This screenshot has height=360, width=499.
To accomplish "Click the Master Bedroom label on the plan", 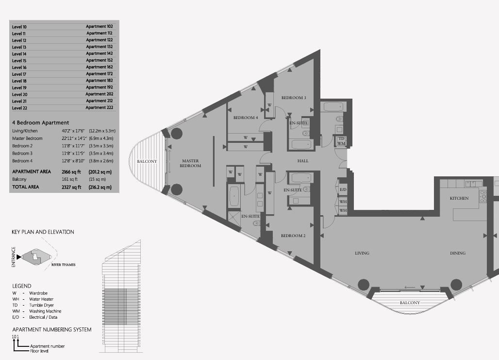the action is pyautogui.click(x=190, y=163).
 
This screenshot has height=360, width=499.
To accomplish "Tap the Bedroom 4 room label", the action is pyautogui.click(x=246, y=118).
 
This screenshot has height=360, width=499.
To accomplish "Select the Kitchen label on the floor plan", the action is pyautogui.click(x=459, y=198).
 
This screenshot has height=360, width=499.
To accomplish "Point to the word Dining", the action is pyautogui.click(x=458, y=253).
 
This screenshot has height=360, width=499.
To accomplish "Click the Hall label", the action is pyautogui.click(x=302, y=161).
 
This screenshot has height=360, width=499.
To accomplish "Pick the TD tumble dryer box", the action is pyautogui.click(x=341, y=139).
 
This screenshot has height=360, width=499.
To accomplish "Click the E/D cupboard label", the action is pyautogui.click(x=343, y=189).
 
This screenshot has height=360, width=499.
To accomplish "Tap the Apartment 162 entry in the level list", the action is pyautogui.click(x=100, y=67).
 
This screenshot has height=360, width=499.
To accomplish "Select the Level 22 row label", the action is pyautogui.click(x=20, y=108).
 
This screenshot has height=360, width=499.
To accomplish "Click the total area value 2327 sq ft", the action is pyautogui.click(x=72, y=188).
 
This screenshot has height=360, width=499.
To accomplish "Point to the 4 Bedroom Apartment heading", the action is pyautogui.click(x=41, y=122).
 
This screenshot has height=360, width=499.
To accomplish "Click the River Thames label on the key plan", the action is pyautogui.click(x=63, y=264).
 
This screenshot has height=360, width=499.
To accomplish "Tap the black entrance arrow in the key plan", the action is pyautogui.click(x=19, y=257).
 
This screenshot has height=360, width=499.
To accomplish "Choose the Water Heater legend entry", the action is pyautogui.click(x=41, y=299).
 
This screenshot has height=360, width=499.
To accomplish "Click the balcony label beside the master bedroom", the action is pyautogui.click(x=147, y=161).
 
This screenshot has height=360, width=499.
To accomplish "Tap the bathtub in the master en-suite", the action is pyautogui.click(x=234, y=197).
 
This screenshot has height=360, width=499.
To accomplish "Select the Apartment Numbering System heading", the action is pyautogui.click(x=52, y=329).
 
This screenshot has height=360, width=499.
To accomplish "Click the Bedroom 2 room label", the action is pyautogui.click(x=293, y=236).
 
